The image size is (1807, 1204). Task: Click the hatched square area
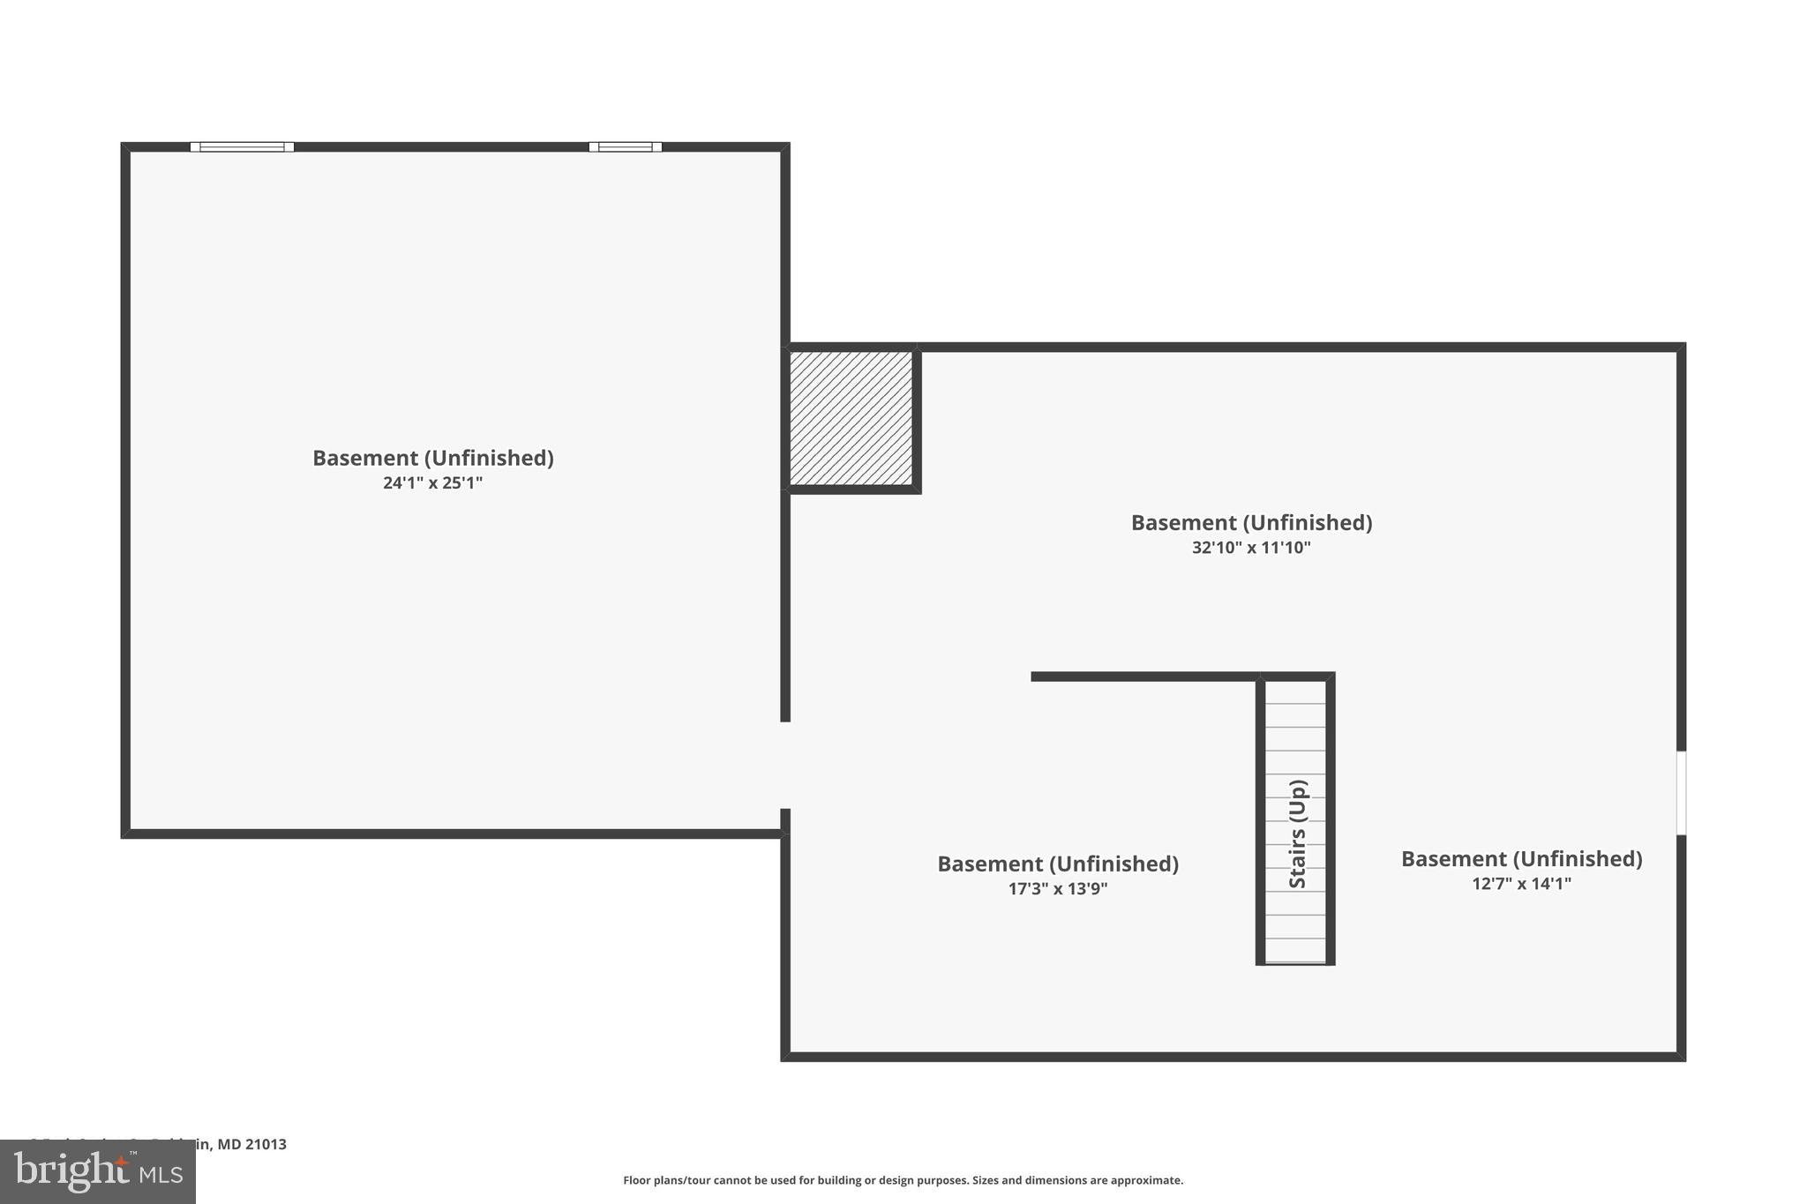point(851,418)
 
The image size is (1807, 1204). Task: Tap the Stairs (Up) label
point(1297,834)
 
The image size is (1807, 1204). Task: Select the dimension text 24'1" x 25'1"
point(432,483)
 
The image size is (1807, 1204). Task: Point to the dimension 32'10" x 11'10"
point(1251,548)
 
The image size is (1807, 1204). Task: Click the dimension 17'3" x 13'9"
point(1057,889)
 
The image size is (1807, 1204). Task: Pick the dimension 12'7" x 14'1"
point(1521,884)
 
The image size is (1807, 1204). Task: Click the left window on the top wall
point(242,147)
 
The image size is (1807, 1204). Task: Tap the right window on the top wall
point(625,147)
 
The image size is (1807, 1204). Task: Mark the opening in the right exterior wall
point(1681,792)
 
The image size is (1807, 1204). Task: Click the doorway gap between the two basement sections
point(785,765)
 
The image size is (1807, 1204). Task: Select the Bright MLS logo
point(97,1172)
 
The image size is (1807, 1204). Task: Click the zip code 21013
point(266,1145)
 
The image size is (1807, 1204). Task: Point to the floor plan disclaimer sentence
point(903,1180)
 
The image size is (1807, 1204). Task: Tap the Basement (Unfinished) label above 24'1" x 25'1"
point(432,458)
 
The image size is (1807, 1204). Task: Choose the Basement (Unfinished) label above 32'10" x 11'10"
point(1251,522)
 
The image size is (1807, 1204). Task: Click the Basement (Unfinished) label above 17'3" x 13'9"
point(1057,864)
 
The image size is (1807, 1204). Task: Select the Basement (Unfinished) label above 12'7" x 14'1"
point(1521,858)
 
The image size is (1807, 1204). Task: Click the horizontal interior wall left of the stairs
point(1143,677)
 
